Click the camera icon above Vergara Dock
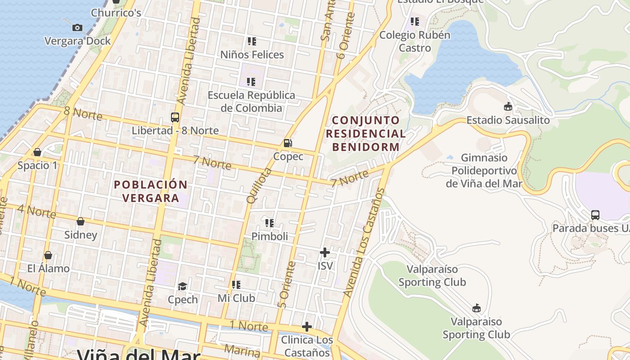click(x=77, y=28)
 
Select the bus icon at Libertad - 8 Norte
click(x=175, y=117)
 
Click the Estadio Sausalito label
click(x=508, y=120)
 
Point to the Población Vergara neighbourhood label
click(x=151, y=191)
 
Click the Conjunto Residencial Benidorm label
click(x=365, y=134)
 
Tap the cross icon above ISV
click(x=324, y=252)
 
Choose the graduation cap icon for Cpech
click(x=182, y=287)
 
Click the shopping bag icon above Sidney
click(x=81, y=221)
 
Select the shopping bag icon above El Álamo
click(x=48, y=255)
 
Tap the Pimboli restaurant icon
click(x=270, y=223)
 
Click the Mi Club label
click(x=236, y=298)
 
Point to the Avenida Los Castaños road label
click(x=364, y=243)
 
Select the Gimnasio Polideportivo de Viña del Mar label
click(x=484, y=171)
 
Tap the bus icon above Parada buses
click(x=595, y=215)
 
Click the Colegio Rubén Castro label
click(x=414, y=41)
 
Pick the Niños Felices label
click(x=252, y=55)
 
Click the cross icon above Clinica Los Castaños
click(x=307, y=326)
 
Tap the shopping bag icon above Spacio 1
click(x=37, y=152)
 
